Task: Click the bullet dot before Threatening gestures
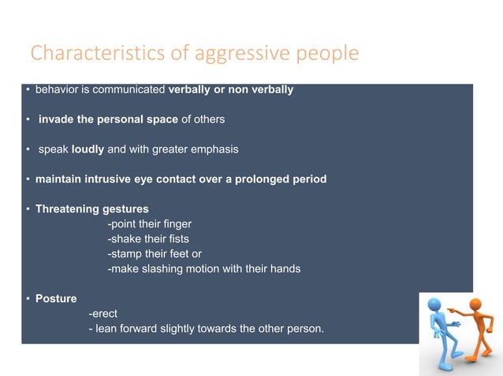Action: [x=27, y=209]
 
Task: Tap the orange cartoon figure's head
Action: [x=475, y=304]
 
